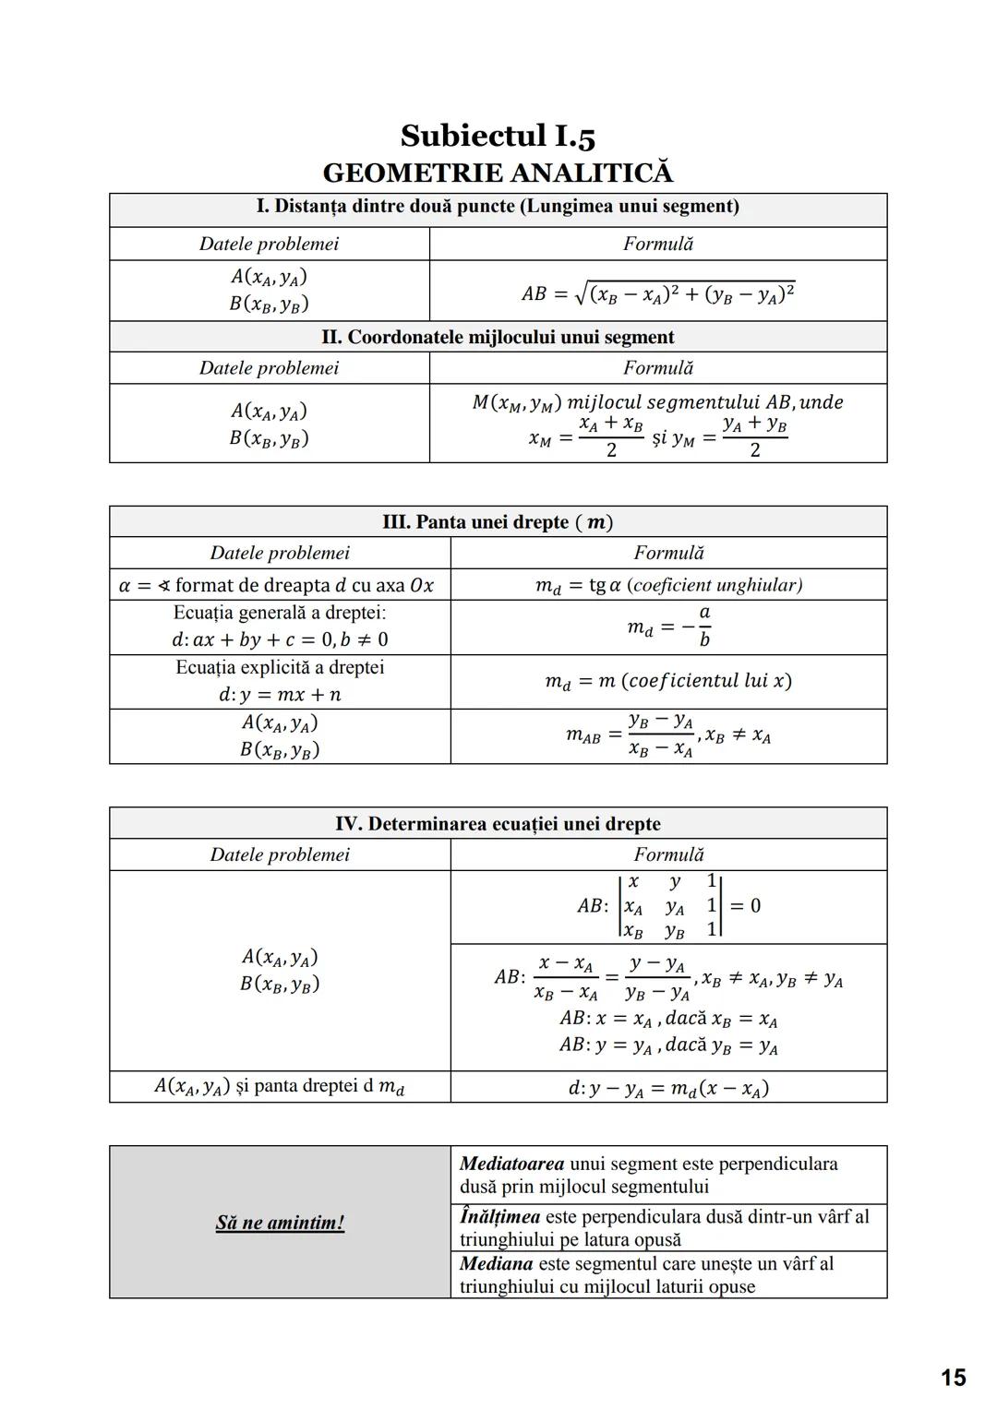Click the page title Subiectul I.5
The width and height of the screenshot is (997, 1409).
click(x=498, y=136)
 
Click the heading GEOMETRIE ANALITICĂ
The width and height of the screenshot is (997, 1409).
click(x=498, y=173)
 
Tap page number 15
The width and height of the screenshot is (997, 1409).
click(x=953, y=1378)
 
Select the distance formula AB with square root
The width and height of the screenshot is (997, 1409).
click(x=657, y=293)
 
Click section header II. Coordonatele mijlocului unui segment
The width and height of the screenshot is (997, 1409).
click(x=498, y=337)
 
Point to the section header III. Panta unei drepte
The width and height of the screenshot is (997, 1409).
click(x=498, y=522)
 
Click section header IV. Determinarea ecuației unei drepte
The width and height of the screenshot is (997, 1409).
click(x=498, y=824)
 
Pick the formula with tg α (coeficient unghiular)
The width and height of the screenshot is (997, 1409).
click(x=668, y=585)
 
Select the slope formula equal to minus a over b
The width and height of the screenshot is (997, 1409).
click(x=668, y=627)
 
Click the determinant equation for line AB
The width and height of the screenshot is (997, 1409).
click(x=668, y=906)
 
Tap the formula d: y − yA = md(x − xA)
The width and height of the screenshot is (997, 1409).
click(x=668, y=1088)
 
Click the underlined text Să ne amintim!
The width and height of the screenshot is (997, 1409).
click(x=280, y=1223)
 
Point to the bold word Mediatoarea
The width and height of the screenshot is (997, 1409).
click(x=512, y=1164)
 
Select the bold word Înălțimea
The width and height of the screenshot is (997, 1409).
click(x=499, y=1217)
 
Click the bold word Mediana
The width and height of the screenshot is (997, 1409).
click(x=497, y=1263)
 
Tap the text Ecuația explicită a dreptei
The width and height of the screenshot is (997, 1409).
click(x=280, y=667)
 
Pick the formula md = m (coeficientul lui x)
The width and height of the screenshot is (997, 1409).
click(x=668, y=681)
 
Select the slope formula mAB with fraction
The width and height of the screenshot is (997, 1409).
click(x=668, y=735)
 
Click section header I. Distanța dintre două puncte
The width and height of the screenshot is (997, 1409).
click(x=498, y=207)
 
